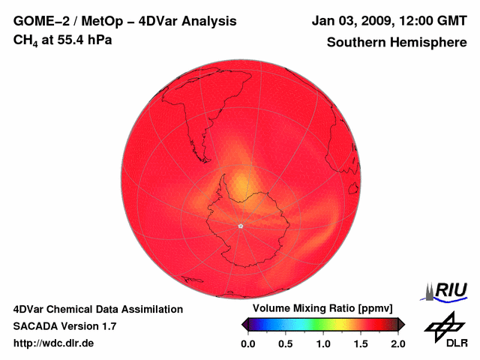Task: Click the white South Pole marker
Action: [x=240, y=226]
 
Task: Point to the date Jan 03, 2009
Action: [x=348, y=21]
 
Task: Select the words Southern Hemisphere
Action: [x=396, y=43]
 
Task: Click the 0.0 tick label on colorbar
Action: [x=247, y=343]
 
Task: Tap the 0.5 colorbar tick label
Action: [x=286, y=343]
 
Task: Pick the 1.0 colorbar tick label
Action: [x=323, y=343]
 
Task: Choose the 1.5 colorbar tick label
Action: [x=361, y=343]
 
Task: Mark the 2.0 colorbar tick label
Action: [x=397, y=343]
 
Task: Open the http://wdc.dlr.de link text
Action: [x=54, y=343]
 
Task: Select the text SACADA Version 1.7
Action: [x=64, y=326]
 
